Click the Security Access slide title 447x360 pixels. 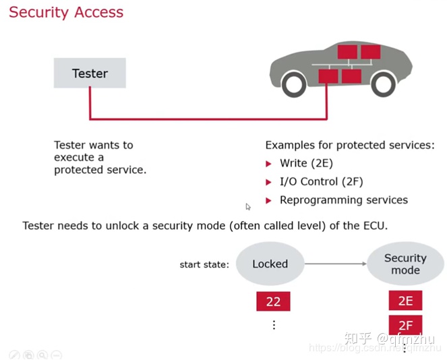point(66,12)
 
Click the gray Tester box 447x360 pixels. point(90,73)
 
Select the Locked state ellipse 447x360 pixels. point(270,264)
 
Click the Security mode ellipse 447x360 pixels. point(405,264)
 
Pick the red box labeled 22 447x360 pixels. point(273,301)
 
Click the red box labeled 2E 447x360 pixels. point(405,301)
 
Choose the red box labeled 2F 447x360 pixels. point(405,326)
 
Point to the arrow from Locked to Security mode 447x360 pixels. point(336,264)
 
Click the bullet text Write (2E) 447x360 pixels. point(306,163)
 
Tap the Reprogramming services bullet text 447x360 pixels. point(343,200)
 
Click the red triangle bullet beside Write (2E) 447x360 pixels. point(268,163)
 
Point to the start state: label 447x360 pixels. point(204,264)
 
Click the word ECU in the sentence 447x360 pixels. point(374,225)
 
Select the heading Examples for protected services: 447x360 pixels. point(350,145)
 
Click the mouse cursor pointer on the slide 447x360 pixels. point(248,207)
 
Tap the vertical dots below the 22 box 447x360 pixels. point(274,325)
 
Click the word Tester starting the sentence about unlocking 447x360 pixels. point(38,225)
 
